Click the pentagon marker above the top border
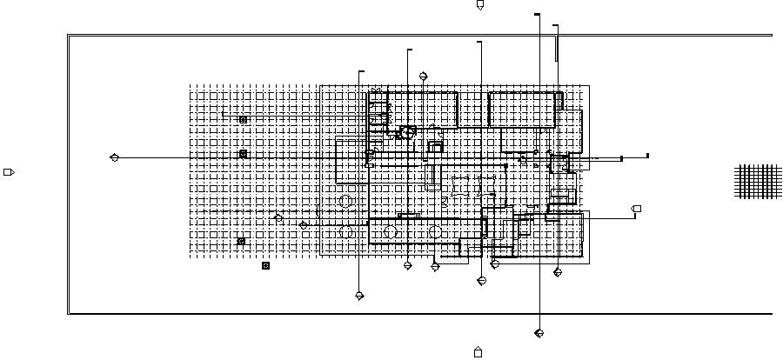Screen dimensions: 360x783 point(479,5)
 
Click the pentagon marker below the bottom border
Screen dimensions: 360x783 point(478,352)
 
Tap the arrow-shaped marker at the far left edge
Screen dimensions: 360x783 point(9,172)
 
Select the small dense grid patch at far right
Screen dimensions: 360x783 point(758,181)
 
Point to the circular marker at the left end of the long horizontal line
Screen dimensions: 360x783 point(115,157)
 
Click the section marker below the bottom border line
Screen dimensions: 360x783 point(539,333)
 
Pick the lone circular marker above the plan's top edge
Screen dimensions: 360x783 point(424,77)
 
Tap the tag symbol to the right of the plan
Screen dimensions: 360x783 point(636,209)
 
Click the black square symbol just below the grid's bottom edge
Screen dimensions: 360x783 point(266,266)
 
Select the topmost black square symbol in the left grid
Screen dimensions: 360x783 point(243,119)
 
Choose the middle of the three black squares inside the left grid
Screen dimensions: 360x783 point(243,154)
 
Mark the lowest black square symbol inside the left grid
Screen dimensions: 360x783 point(242,241)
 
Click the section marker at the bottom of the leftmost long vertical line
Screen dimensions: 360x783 point(359,296)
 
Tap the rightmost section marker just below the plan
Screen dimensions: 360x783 point(558,272)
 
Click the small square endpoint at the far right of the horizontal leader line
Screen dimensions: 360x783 point(647,156)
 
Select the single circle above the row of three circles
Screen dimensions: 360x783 point(345,202)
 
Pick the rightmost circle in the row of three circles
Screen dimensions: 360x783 point(434,231)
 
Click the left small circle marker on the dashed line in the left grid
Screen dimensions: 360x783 point(278,217)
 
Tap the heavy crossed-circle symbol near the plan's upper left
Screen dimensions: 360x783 point(405,132)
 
